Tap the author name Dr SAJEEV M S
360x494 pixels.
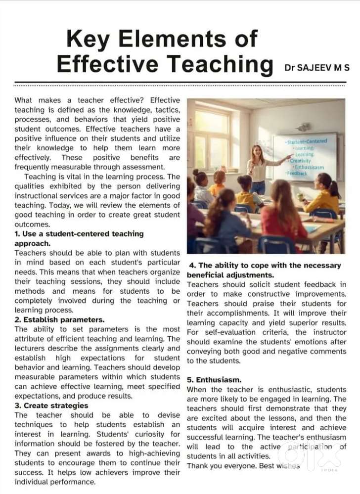point(317,67)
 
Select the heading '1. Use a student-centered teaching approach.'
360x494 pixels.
point(79,238)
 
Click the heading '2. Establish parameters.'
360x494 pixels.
point(59,319)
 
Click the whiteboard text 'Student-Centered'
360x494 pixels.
point(307,141)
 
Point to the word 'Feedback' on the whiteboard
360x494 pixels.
point(297,174)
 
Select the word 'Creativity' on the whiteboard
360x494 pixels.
point(300,161)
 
